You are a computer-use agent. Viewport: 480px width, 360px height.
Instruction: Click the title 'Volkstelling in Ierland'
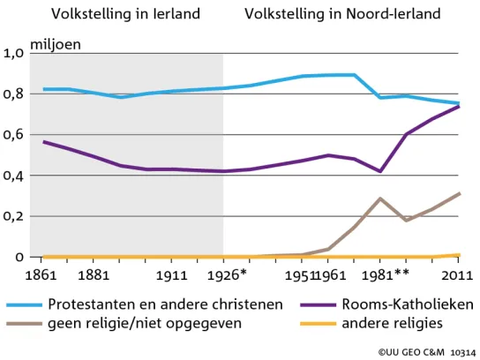coord(125,14)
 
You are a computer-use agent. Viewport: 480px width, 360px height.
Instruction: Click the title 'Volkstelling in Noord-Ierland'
coord(342,14)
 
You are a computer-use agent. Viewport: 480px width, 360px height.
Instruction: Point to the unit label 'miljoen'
coord(56,45)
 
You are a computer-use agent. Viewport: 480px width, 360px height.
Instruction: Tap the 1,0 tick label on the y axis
coord(13,53)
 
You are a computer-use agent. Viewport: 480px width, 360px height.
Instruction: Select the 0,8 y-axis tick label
coord(13,94)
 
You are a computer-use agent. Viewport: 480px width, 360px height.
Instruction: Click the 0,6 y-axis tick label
coord(13,134)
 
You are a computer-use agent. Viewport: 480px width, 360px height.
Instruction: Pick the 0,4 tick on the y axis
coord(13,176)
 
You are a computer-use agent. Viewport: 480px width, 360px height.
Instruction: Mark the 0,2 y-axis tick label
coord(13,216)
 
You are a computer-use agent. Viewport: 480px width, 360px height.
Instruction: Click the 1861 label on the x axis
coord(41,275)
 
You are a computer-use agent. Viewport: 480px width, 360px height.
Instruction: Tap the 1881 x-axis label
coord(94,275)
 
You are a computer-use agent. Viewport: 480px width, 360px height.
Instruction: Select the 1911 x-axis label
coord(171,275)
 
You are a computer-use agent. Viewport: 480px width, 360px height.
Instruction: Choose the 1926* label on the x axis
coord(227,275)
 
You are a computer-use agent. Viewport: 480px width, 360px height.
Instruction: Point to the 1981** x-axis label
coord(385,275)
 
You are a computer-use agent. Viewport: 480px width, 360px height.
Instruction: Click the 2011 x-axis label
coord(457,275)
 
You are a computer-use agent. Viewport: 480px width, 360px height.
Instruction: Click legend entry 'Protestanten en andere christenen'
coord(145,304)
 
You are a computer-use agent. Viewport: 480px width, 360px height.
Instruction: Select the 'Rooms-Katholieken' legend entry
coord(387,304)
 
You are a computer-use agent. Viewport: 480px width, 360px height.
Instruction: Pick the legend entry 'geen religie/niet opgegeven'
coord(124,323)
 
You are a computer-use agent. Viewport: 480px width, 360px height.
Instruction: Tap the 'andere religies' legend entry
coord(371,323)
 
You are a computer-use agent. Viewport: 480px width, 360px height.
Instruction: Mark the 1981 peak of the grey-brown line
coord(380,199)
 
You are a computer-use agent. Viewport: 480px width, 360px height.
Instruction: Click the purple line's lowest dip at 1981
coord(380,171)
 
